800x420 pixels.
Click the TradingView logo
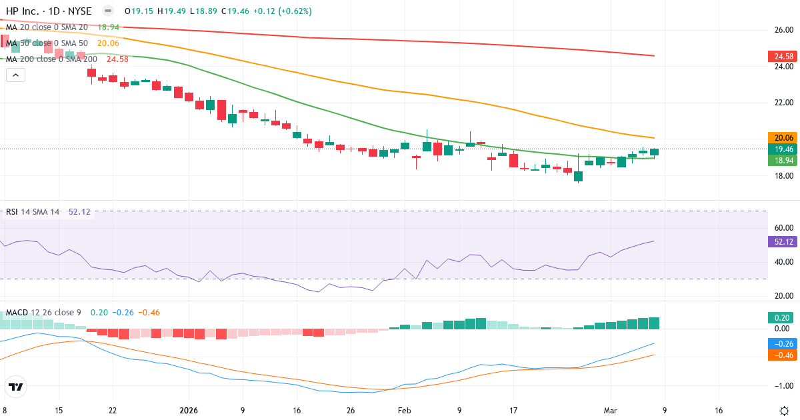[x=15, y=387]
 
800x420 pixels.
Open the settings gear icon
[x=784, y=411]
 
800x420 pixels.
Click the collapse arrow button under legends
[x=15, y=75]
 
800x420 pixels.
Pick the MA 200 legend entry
[x=52, y=59]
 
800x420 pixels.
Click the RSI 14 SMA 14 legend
[x=33, y=212]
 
